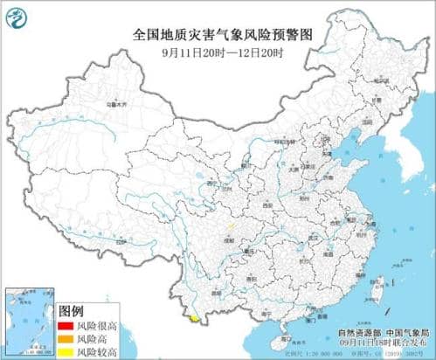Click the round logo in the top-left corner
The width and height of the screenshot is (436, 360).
(x=17, y=16)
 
